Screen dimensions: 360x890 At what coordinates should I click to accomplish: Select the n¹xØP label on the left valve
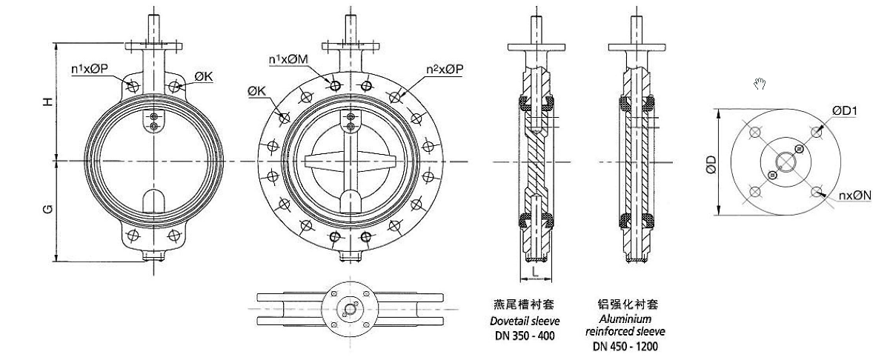(90, 70)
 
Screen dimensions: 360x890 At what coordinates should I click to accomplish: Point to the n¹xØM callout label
(289, 59)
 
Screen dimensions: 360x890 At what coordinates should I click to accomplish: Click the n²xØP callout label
(445, 69)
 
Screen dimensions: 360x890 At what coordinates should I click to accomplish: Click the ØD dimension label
(711, 163)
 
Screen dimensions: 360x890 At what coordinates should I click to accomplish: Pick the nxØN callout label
(854, 196)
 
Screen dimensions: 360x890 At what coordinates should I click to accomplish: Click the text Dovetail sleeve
(525, 321)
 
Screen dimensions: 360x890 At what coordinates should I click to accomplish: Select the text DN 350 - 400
(525, 336)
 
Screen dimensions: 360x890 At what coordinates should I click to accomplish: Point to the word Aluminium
(625, 318)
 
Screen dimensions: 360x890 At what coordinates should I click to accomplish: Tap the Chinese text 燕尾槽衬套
(524, 304)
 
